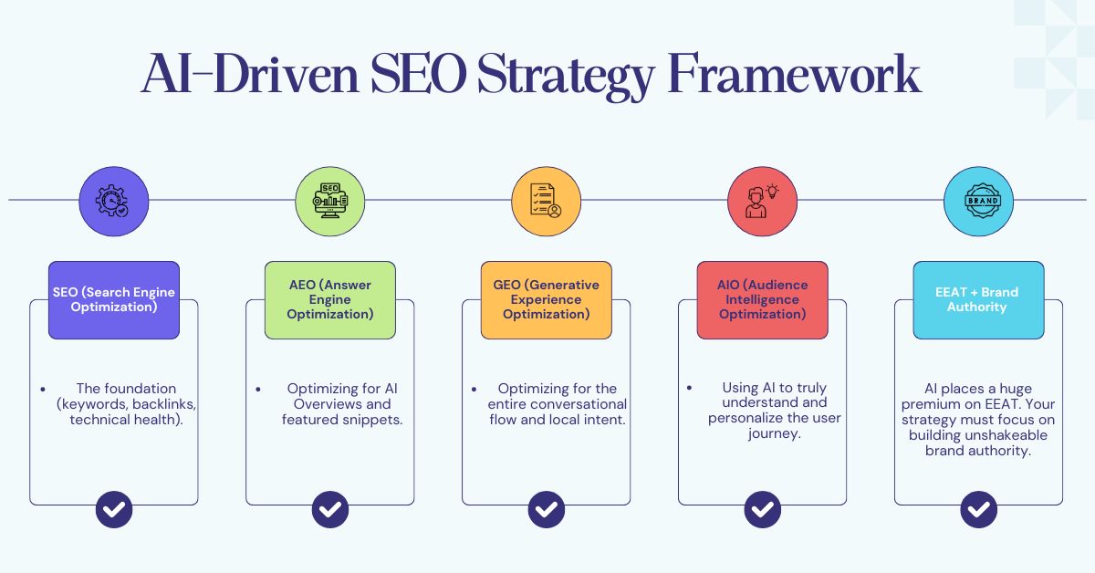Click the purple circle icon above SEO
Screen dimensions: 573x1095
(114, 200)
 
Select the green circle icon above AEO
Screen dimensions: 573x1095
(330, 200)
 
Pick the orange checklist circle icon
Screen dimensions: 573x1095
(546, 200)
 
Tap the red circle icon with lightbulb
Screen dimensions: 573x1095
(762, 200)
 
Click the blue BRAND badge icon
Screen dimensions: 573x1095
(978, 200)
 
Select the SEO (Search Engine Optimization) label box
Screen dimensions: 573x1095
(114, 300)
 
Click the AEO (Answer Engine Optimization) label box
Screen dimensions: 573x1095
(330, 300)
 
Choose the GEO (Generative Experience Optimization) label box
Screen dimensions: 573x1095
(546, 300)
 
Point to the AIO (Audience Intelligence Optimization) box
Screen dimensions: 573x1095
(762, 300)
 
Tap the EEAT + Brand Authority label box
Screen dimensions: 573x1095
(978, 300)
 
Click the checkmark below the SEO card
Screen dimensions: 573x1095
(114, 509)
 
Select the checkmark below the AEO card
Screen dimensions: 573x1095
(330, 509)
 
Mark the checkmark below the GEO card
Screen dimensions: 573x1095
(546, 509)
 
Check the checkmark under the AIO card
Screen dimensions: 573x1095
(762, 509)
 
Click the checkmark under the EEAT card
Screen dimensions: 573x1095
(978, 509)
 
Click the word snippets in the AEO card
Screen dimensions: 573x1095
(374, 420)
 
